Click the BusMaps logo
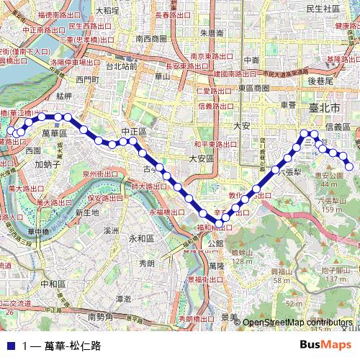pos(325,345)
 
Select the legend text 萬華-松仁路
pos(72,346)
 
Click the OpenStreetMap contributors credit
pos(298,323)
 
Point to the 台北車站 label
pos(121,66)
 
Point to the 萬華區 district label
pos(54,133)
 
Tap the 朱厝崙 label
pos(212,32)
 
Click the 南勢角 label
pos(100,317)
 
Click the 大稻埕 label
pos(107,10)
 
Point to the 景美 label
pos(230,317)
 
